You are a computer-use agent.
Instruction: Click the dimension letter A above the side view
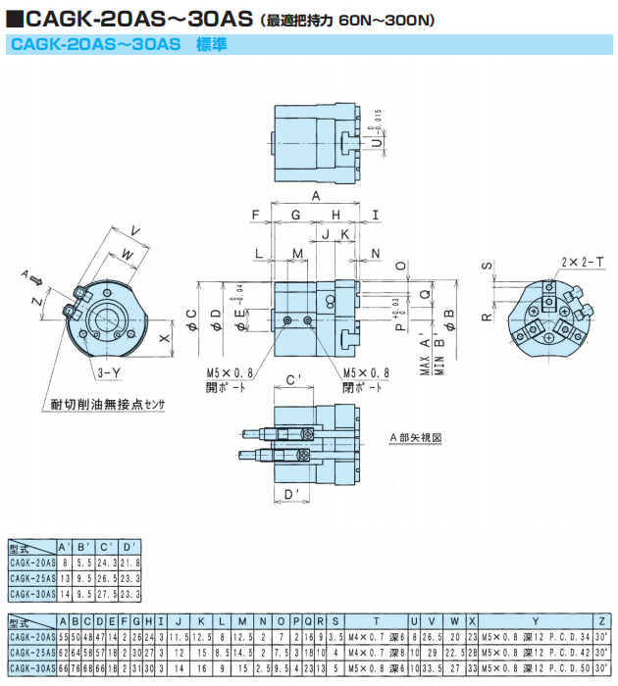pyautogui.click(x=316, y=198)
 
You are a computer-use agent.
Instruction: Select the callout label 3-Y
pyautogui.click(x=108, y=374)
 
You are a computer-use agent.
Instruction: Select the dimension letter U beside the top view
pyautogui.click(x=377, y=142)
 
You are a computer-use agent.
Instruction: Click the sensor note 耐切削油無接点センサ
pyautogui.click(x=109, y=404)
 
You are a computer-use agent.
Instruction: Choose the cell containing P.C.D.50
pyautogui.click(x=535, y=667)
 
